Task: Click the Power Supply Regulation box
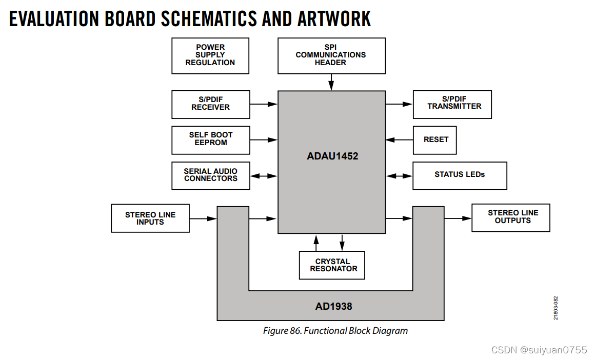[210, 55]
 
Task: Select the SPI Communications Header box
[331, 55]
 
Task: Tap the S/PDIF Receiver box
[211, 104]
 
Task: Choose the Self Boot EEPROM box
[211, 139]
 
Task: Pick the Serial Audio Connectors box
[211, 175]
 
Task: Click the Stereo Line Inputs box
[150, 218]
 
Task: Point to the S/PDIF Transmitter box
[452, 104]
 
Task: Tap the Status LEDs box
[460, 175]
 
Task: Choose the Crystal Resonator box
[332, 265]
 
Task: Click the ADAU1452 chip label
[332, 156]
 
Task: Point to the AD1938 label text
[333, 307]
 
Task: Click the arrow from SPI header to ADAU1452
[331, 82]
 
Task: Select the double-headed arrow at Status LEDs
[399, 175]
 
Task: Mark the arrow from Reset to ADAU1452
[399, 139]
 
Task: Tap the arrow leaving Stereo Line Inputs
[203, 218]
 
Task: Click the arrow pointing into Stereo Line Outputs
[458, 218]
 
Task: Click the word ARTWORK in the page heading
[334, 19]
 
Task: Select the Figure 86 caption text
[335, 331]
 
